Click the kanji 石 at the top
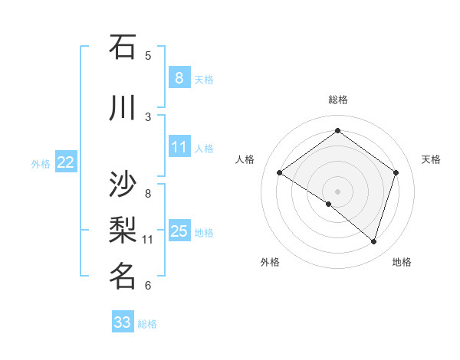[x=123, y=47]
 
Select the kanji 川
[x=123, y=108]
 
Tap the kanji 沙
[x=123, y=185]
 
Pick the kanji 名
[x=123, y=276]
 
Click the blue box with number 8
[x=179, y=78]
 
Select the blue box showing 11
[x=179, y=147]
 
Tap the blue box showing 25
[x=179, y=231]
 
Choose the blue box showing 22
[x=66, y=162]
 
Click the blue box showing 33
[x=122, y=322]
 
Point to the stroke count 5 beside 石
[x=148, y=55]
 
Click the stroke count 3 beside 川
[x=148, y=116]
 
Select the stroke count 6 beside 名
[x=148, y=286]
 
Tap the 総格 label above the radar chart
[x=337, y=100]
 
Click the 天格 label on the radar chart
[x=431, y=159]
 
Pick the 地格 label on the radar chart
[x=402, y=262]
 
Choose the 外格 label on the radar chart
[x=270, y=262]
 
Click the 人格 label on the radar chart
[x=245, y=159]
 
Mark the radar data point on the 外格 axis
[x=329, y=204]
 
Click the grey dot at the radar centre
[x=337, y=191]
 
